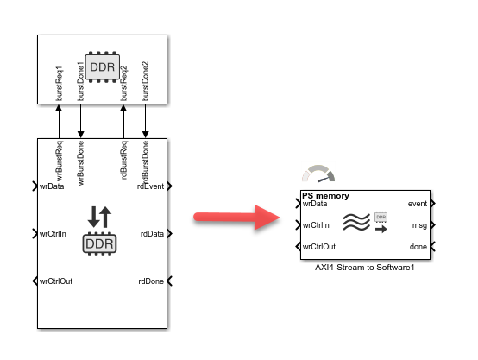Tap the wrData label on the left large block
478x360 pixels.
click(53, 186)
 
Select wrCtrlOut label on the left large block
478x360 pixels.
click(56, 281)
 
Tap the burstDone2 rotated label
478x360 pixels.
click(145, 81)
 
